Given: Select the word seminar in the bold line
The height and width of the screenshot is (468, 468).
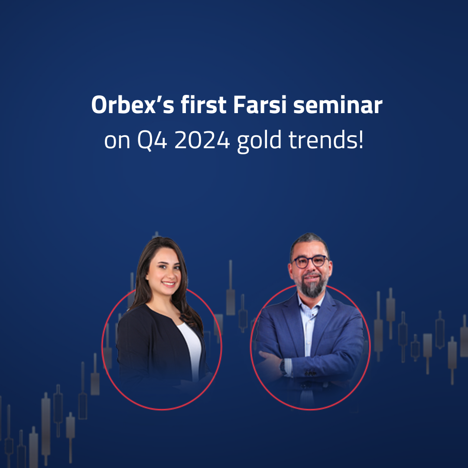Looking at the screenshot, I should point(338,106).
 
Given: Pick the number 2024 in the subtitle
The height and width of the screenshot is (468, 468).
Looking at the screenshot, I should point(202,142).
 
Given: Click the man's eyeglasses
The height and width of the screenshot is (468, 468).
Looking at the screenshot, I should point(310,261).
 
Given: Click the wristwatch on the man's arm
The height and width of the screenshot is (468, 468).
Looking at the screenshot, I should point(283,367).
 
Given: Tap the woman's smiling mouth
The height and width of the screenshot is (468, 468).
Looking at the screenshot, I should point(168,284).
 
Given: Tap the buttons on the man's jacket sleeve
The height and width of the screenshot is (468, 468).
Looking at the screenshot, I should point(309,373).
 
